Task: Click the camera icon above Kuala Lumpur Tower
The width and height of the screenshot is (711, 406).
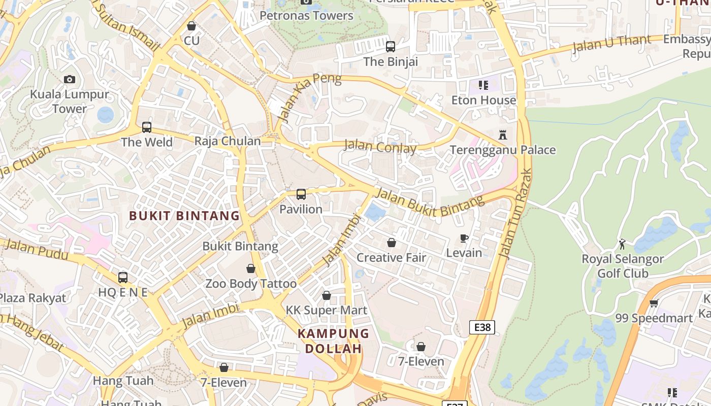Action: click(x=70, y=79)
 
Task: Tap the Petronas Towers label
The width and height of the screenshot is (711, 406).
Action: click(x=306, y=15)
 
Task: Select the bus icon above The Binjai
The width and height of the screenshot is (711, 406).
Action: click(x=390, y=47)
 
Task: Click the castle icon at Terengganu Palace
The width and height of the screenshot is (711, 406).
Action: click(x=503, y=135)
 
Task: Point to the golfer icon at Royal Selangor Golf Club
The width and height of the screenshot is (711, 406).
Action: click(x=622, y=244)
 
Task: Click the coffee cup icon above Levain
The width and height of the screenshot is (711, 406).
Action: click(x=464, y=238)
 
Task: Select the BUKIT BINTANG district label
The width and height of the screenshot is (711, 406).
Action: click(x=184, y=216)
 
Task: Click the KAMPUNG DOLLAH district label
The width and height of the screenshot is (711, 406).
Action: click(x=333, y=341)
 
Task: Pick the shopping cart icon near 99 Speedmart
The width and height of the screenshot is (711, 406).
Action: click(x=654, y=303)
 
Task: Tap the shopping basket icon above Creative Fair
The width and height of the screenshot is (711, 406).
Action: click(x=391, y=243)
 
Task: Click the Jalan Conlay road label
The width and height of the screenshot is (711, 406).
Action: click(x=380, y=147)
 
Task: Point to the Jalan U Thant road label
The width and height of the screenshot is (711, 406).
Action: click(x=611, y=44)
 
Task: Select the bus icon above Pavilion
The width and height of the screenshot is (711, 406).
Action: click(x=301, y=194)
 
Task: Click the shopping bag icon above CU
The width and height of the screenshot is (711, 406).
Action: click(x=191, y=25)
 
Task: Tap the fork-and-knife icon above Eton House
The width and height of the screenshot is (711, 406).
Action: click(x=483, y=85)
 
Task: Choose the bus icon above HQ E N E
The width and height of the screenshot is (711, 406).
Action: click(x=122, y=278)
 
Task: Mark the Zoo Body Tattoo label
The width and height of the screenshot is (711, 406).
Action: click(x=251, y=284)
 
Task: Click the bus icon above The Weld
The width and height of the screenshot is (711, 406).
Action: click(x=147, y=127)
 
